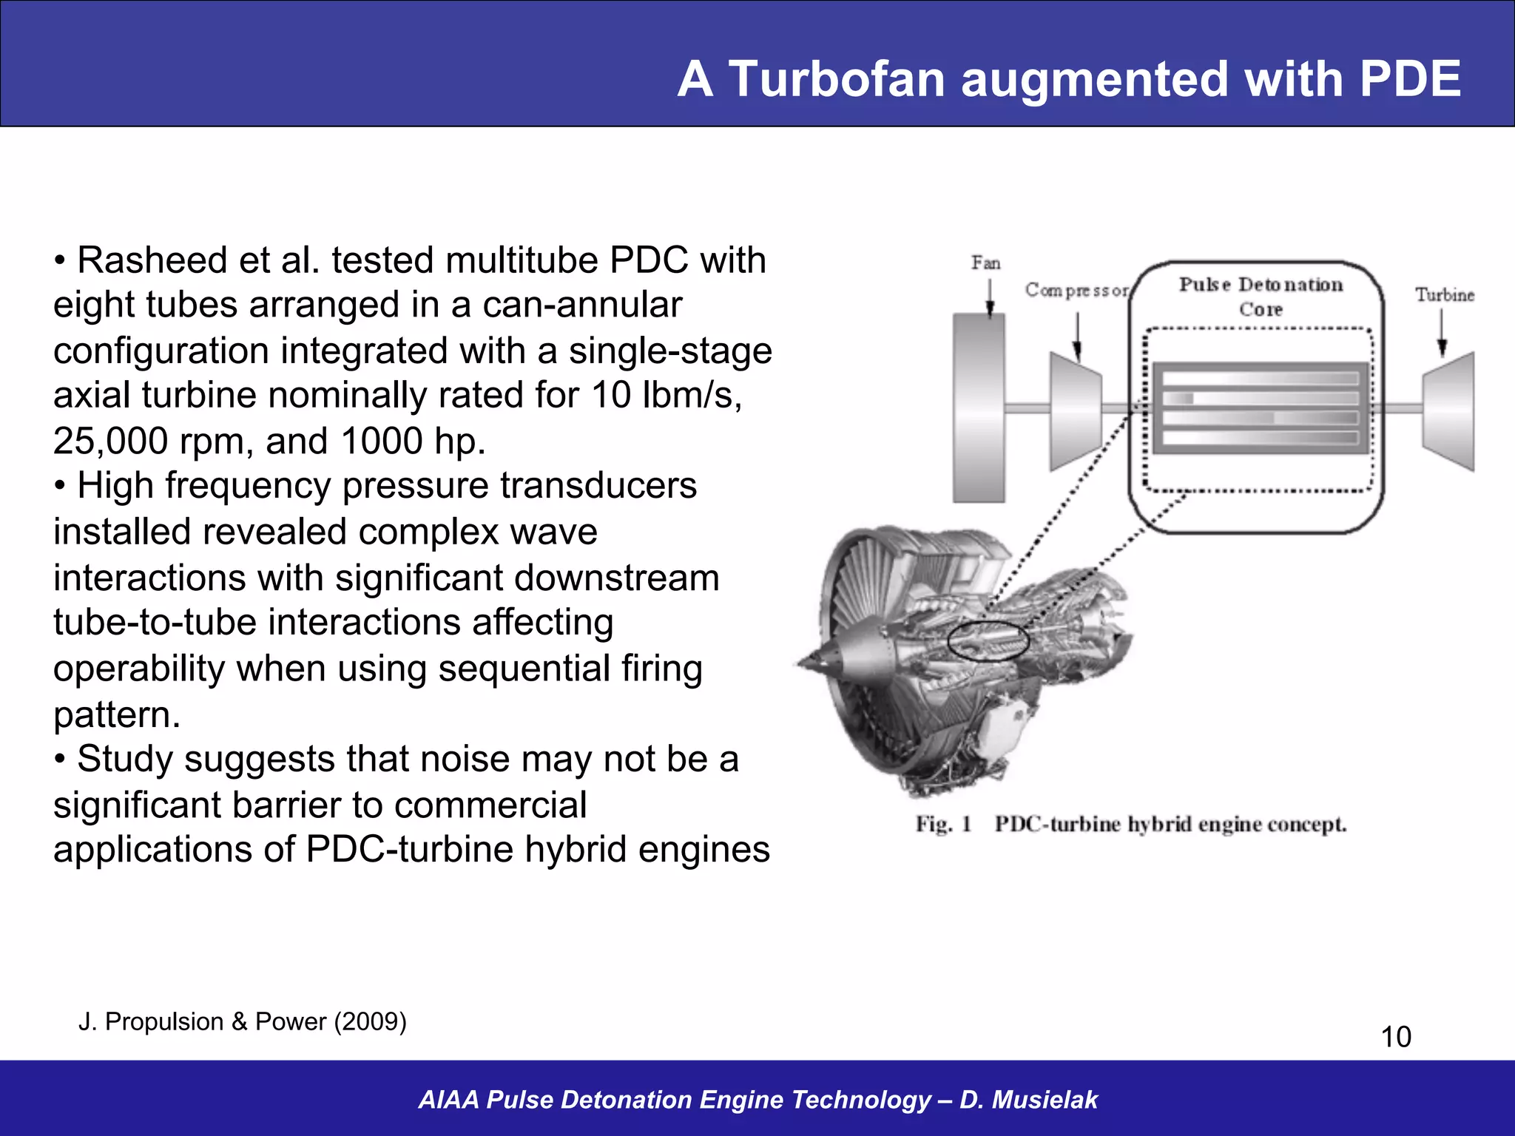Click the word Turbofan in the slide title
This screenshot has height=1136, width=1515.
(837, 79)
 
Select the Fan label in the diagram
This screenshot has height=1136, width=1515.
(985, 263)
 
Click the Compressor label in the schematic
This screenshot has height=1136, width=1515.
(1076, 291)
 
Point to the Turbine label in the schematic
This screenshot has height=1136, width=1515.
(1444, 295)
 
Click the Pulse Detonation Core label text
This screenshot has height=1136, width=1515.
(1261, 296)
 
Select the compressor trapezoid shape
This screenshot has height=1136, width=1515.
(1076, 410)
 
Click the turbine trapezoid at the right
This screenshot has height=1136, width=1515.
(1449, 410)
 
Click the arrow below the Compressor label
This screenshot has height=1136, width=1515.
(1077, 337)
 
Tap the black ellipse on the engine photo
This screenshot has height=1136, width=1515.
(988, 640)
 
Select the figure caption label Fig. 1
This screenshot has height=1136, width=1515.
(943, 824)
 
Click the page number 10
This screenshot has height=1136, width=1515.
(1396, 1037)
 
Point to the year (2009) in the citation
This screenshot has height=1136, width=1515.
(370, 1021)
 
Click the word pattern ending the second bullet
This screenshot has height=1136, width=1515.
(116, 715)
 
